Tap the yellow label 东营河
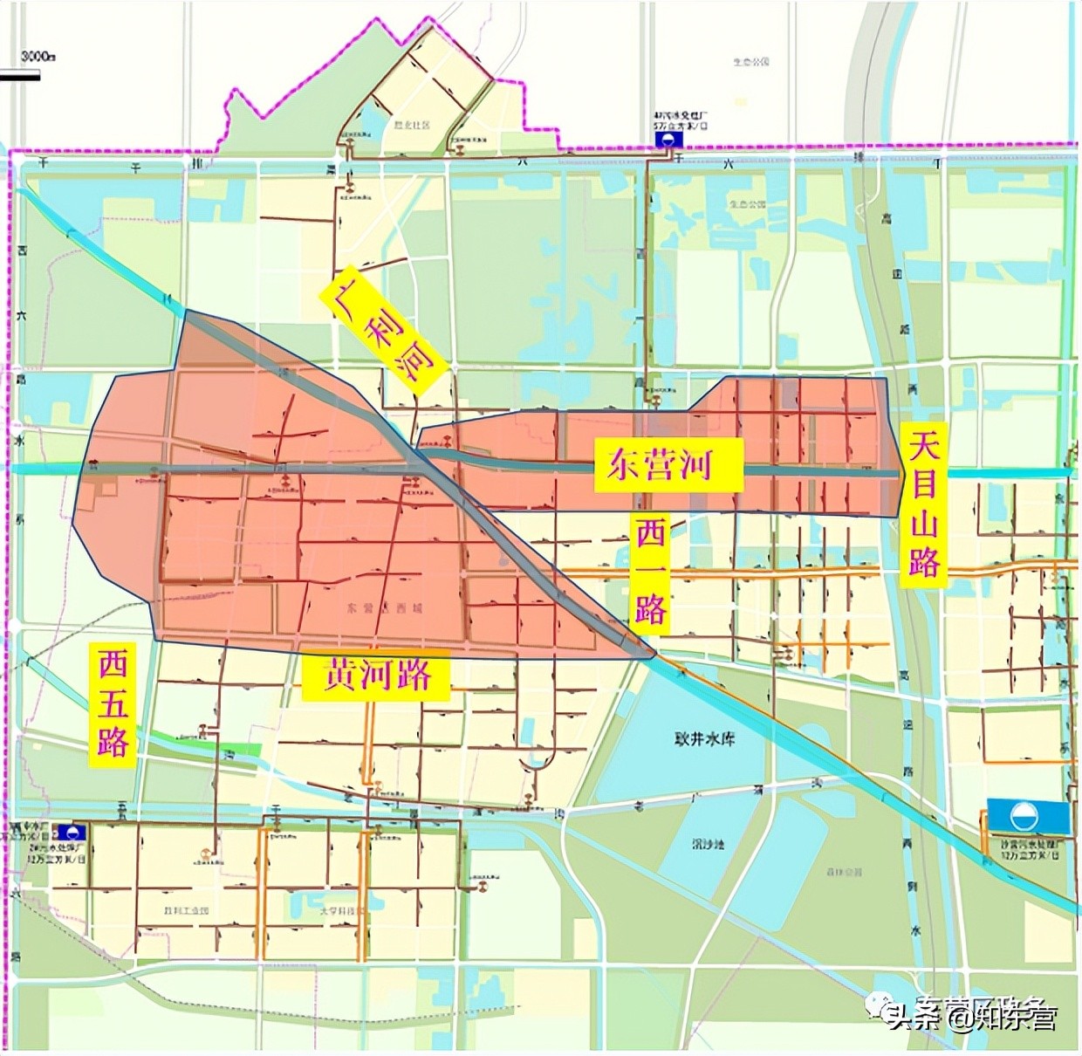(x=668, y=464)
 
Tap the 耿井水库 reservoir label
(x=705, y=740)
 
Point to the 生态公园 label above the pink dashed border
(x=750, y=62)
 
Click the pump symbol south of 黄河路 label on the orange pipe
(x=370, y=784)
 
